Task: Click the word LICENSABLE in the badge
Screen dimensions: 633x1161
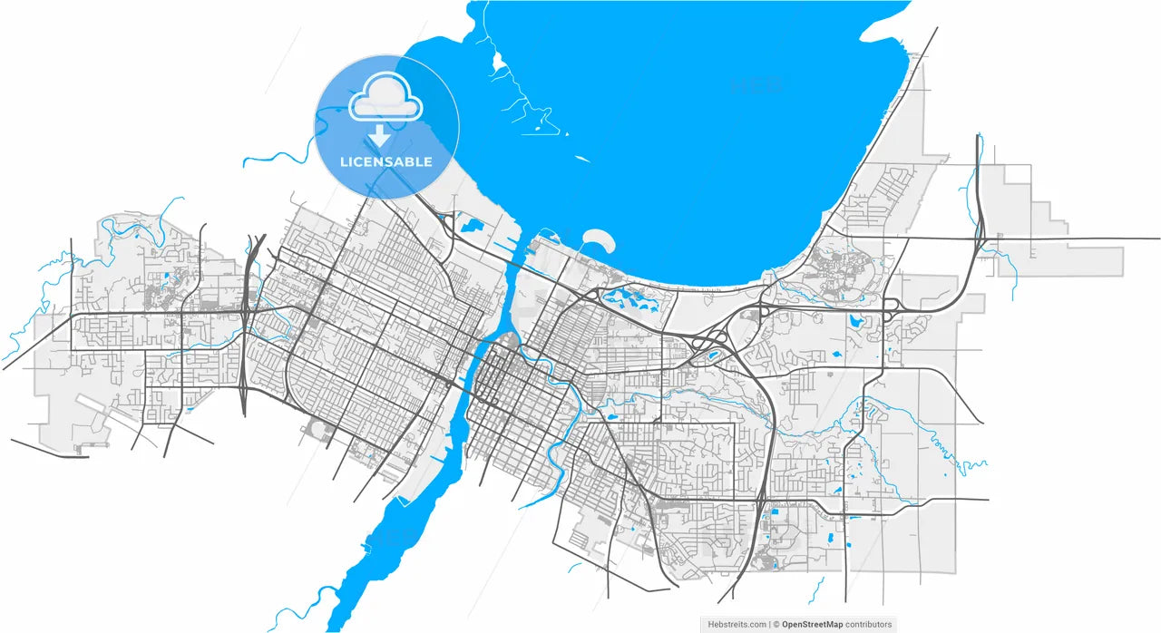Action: [385, 162]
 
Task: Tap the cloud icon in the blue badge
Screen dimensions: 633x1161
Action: [385, 99]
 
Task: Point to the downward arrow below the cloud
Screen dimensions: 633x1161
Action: [382, 136]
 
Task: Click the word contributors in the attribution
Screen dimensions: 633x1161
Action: [870, 624]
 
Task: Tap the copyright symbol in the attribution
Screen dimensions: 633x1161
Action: [776, 624]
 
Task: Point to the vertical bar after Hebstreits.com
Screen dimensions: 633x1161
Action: [768, 624]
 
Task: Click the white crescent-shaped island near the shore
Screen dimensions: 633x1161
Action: [599, 239]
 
